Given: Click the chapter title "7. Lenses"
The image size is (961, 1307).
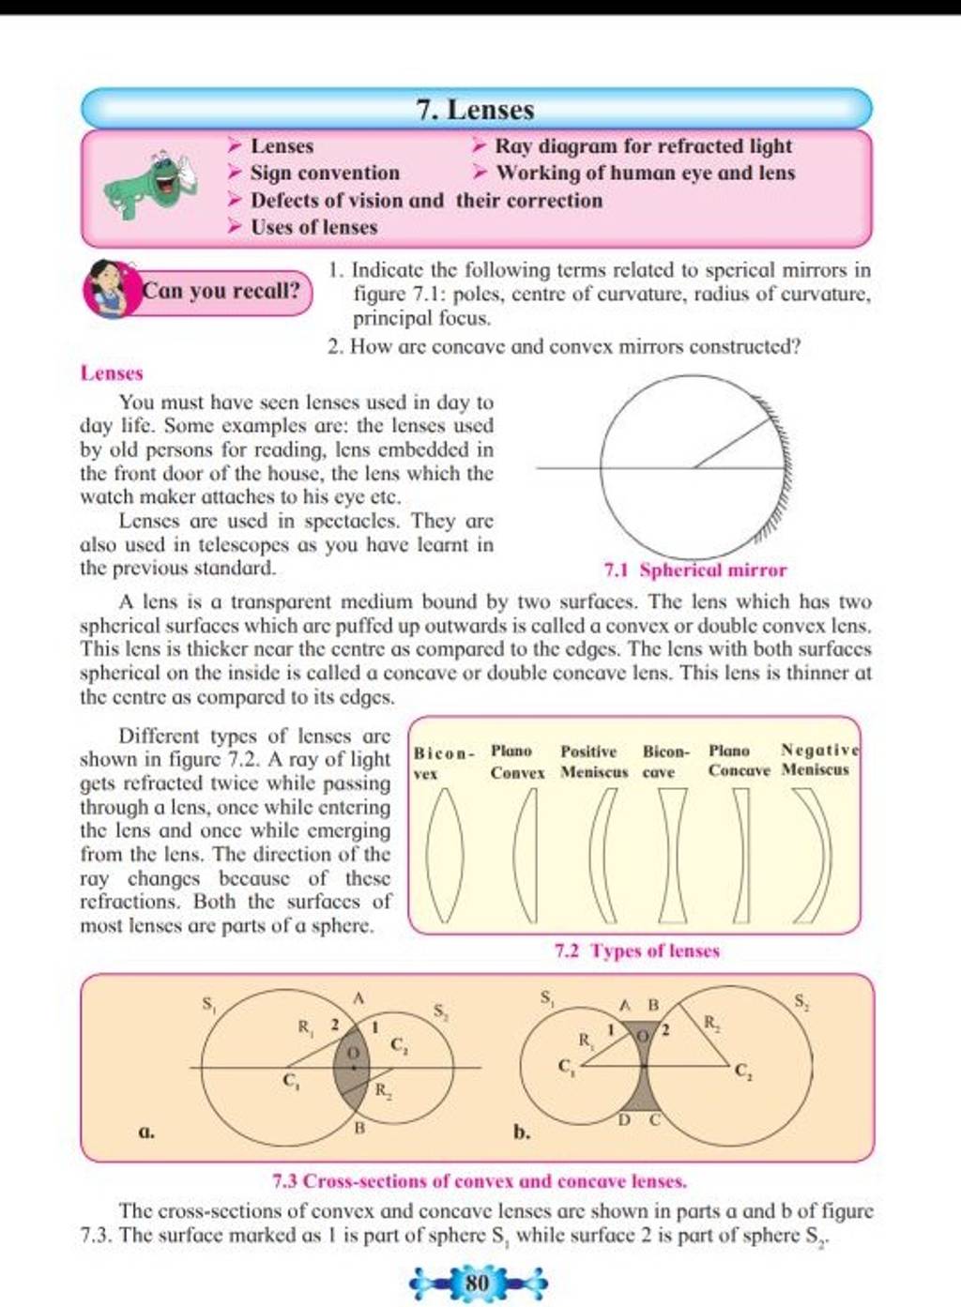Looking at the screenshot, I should pyautogui.click(x=476, y=110).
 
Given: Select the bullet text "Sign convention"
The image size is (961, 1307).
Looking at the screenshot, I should pyautogui.click(x=325, y=174).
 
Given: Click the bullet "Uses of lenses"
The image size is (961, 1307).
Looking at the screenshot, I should pyautogui.click(x=313, y=228).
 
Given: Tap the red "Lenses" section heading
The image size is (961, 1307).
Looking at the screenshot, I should pyautogui.click(x=112, y=373).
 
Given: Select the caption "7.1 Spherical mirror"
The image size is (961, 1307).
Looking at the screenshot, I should pyautogui.click(x=695, y=570).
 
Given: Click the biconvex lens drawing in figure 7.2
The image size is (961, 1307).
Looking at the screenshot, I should pyautogui.click(x=445, y=856).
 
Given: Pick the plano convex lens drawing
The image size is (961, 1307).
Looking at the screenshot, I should pyautogui.click(x=526, y=856).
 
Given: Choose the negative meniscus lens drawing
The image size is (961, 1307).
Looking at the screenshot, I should pyautogui.click(x=813, y=856).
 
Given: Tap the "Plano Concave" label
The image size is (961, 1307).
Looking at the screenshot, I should pyautogui.click(x=739, y=761).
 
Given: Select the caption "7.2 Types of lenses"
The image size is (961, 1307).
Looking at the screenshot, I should pyautogui.click(x=637, y=951).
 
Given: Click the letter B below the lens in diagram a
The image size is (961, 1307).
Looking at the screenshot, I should pyautogui.click(x=358, y=1130).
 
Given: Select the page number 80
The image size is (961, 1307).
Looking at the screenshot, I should pyautogui.click(x=478, y=1282).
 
